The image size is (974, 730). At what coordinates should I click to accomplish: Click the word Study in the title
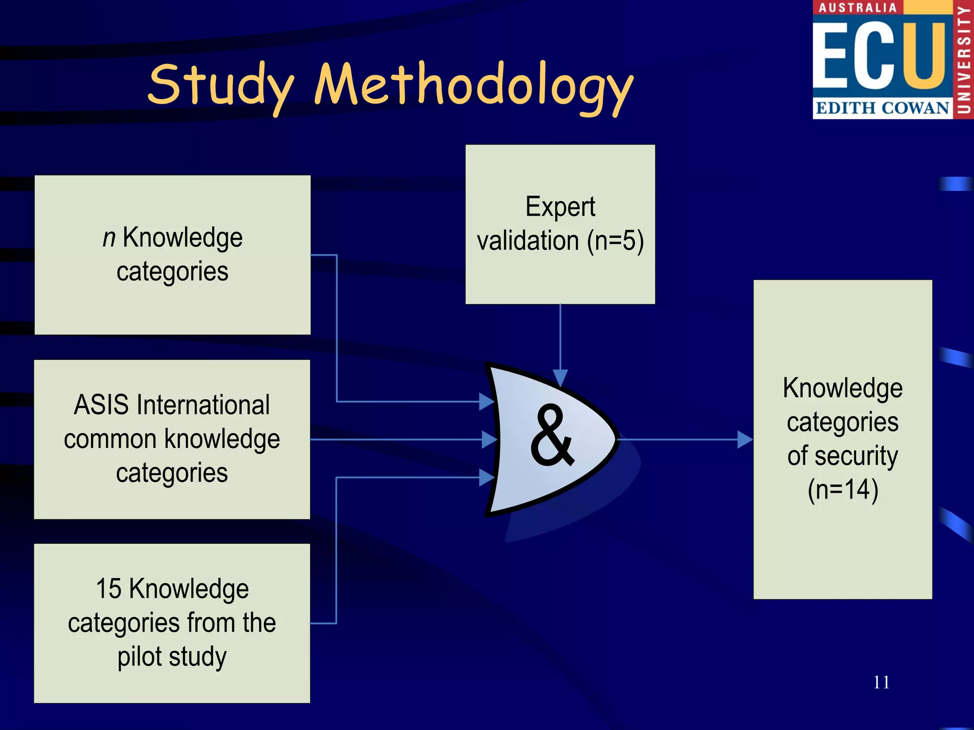click(221, 86)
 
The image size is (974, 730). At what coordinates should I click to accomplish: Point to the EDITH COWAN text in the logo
click(882, 108)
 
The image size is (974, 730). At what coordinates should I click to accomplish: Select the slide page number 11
click(881, 682)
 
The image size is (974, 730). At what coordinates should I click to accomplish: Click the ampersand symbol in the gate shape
click(552, 436)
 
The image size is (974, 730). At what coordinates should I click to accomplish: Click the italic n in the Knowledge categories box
click(109, 237)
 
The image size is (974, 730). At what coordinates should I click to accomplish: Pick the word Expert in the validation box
click(560, 207)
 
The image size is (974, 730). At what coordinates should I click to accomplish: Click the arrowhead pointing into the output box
click(745, 440)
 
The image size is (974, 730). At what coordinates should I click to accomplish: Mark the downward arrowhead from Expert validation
click(560, 378)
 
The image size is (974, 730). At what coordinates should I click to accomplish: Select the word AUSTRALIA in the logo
click(857, 8)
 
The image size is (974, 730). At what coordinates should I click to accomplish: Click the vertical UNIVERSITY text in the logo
click(964, 59)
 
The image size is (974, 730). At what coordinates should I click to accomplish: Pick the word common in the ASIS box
click(110, 439)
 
